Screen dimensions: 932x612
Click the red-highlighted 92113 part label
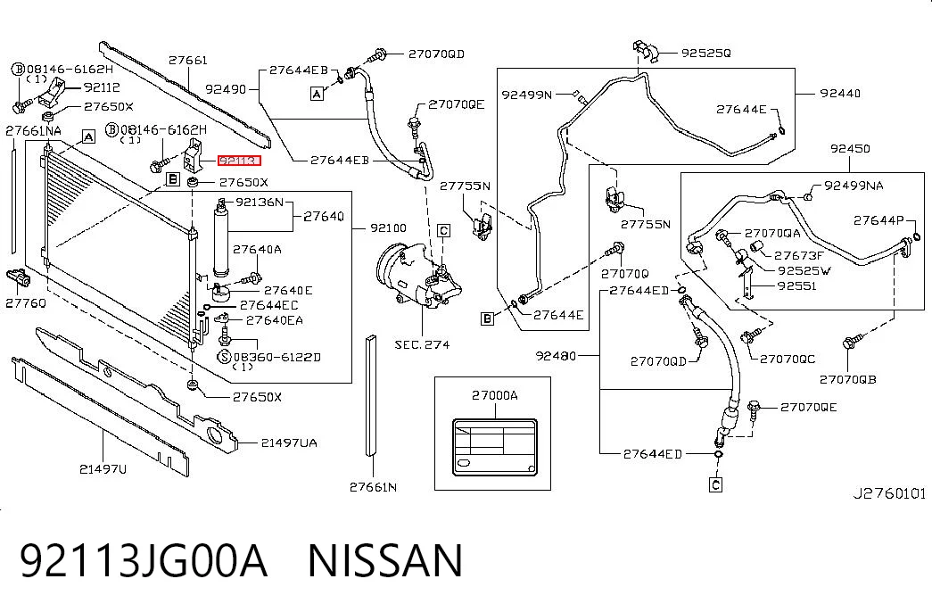tap(239, 161)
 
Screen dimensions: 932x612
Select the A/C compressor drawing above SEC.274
tap(418, 277)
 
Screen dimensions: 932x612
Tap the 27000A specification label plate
tap(494, 447)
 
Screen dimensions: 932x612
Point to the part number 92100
tap(388, 227)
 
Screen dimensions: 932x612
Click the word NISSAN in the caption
tap(384, 560)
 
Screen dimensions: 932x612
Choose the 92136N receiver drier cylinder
tap(221, 238)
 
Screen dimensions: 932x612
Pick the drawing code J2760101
tap(889, 493)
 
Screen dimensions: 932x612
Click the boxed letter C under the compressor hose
tap(715, 484)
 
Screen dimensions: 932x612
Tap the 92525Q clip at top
tap(646, 51)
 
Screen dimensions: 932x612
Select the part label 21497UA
tap(288, 442)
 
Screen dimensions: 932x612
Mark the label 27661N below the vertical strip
tap(373, 487)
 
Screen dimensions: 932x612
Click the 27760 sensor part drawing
tap(19, 277)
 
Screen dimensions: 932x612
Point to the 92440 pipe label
tap(840, 93)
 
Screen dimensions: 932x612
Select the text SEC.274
tap(422, 344)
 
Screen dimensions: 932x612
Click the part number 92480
tap(556, 356)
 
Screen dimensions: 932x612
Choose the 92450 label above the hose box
tap(851, 148)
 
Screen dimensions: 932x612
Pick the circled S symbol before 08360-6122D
tap(224, 357)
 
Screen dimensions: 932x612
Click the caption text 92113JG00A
tap(144, 560)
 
